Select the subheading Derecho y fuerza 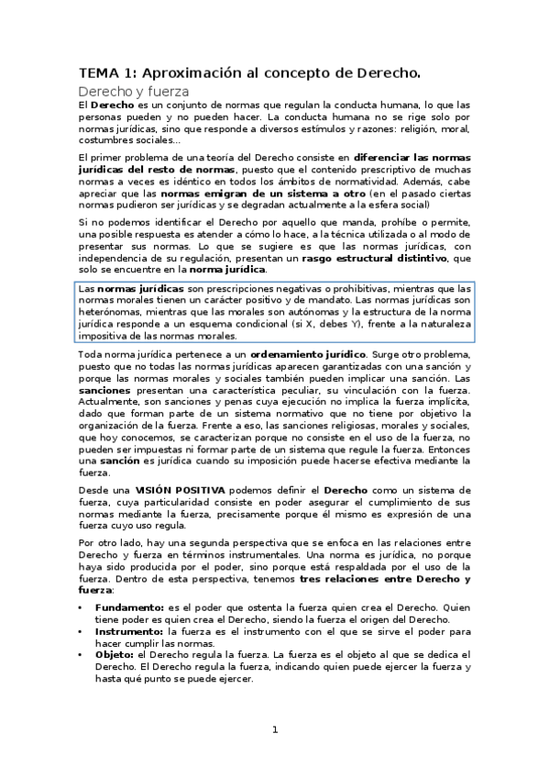tap(134, 92)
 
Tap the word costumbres tap(105, 140)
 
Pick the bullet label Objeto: tap(115, 655)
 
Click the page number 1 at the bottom tap(274, 729)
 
